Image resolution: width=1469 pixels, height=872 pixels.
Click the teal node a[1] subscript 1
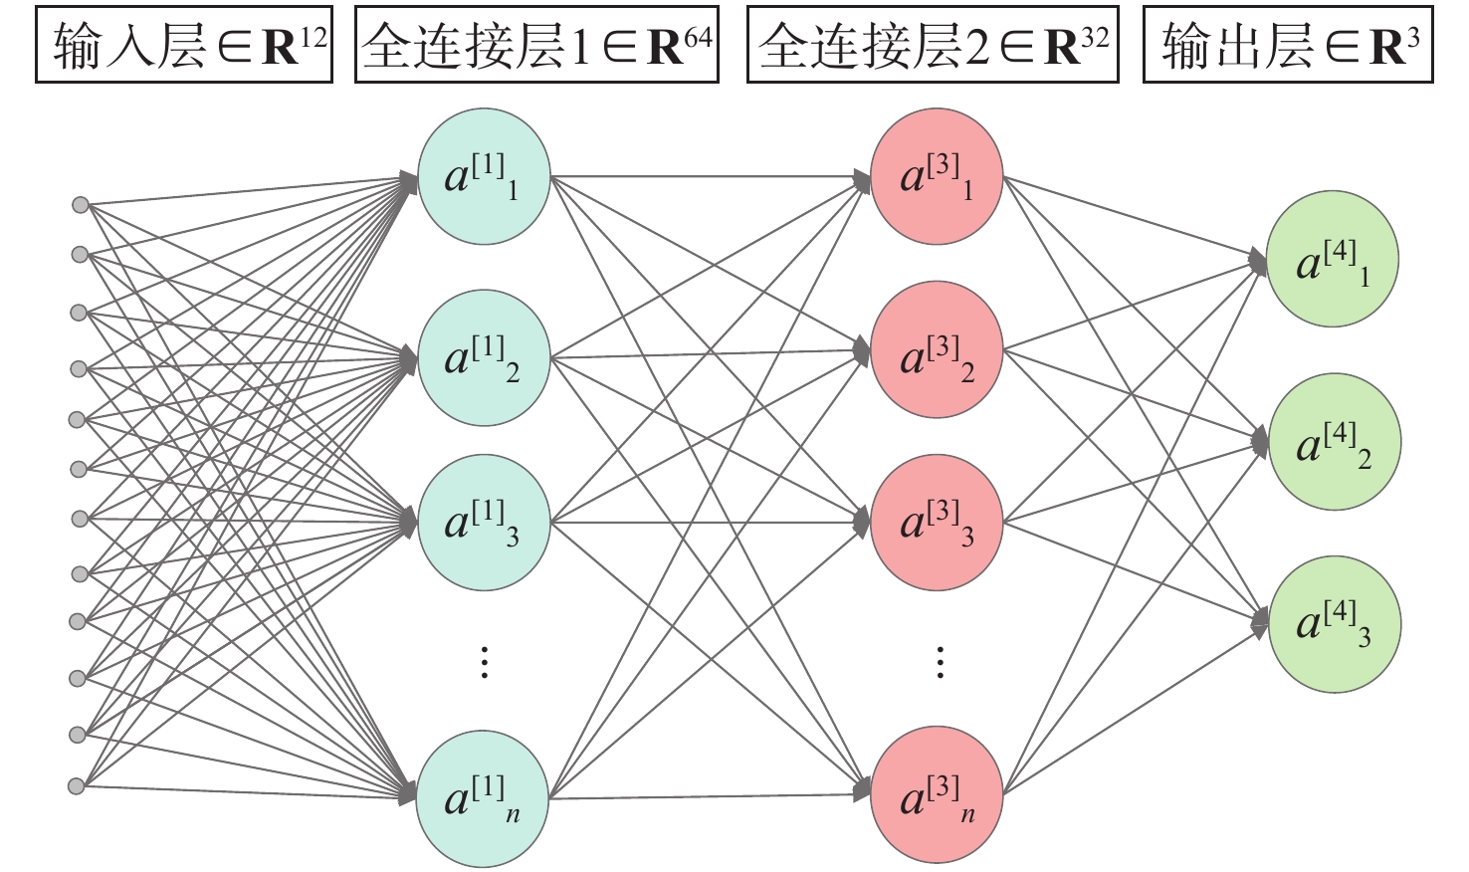484,178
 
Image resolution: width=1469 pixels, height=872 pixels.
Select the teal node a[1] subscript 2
484,356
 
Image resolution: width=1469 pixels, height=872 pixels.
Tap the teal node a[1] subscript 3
484,522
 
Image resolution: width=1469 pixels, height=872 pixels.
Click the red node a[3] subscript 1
937,178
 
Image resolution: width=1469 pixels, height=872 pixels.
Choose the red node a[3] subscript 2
937,348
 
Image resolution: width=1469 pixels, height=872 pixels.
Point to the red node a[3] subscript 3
937,522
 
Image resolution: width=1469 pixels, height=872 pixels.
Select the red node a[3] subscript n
937,793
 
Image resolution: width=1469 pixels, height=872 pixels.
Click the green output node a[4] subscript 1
1333,260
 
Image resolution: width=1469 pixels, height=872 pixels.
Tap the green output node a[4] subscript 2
1335,442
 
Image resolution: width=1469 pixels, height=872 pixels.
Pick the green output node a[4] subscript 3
1335,624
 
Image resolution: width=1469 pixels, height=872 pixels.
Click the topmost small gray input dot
81,205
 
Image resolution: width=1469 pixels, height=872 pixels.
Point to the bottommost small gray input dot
77,786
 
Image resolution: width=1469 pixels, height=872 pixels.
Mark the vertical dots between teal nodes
484,662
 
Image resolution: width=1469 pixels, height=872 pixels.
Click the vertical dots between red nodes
940,662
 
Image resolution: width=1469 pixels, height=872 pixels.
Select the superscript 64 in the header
699,37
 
